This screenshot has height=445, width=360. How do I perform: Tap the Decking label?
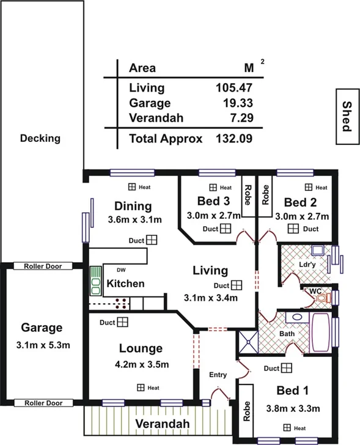40,138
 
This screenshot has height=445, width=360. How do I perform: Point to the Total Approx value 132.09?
234,139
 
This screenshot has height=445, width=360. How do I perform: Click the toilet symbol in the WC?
327,298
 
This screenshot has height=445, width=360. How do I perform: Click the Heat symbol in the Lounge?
141,388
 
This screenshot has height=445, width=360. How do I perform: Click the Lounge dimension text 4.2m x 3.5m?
141,365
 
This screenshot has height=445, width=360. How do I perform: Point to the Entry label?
218,375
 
